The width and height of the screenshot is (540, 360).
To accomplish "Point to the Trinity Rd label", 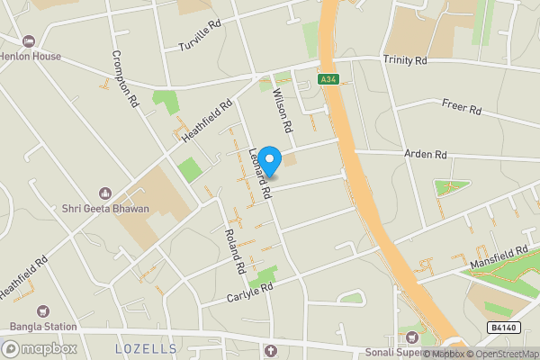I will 404,60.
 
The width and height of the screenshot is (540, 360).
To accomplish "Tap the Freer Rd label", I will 463,111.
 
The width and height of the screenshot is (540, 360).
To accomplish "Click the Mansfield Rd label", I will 498,258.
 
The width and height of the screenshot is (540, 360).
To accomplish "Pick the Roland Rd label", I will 234,252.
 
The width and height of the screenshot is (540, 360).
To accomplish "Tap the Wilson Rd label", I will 281,112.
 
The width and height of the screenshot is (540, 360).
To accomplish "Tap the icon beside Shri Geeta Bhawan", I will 104,193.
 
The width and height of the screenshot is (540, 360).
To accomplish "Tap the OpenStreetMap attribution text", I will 500,354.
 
